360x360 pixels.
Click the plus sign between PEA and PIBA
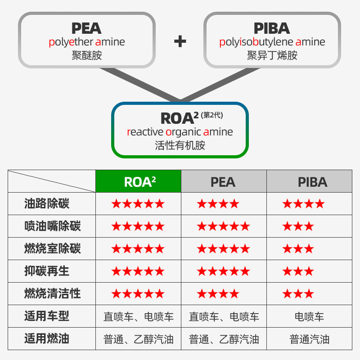point(180,41)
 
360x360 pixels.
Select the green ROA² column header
point(139,182)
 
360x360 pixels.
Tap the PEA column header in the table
point(223,182)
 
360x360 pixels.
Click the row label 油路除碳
point(47,204)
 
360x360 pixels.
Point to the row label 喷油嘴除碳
point(52,226)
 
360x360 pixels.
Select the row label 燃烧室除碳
point(52,249)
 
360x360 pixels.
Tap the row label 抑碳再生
point(47,271)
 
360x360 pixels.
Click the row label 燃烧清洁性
point(52,294)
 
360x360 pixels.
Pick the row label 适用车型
point(47,316)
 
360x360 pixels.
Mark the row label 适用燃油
point(47,339)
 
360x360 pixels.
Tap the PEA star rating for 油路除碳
point(218,204)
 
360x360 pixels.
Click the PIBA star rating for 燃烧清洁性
point(298,294)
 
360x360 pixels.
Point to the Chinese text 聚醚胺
point(86,55)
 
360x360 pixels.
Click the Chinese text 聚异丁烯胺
point(272,55)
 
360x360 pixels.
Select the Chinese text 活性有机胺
point(180,145)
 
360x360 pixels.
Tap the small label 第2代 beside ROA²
point(212,115)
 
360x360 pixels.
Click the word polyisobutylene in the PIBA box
point(255,42)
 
